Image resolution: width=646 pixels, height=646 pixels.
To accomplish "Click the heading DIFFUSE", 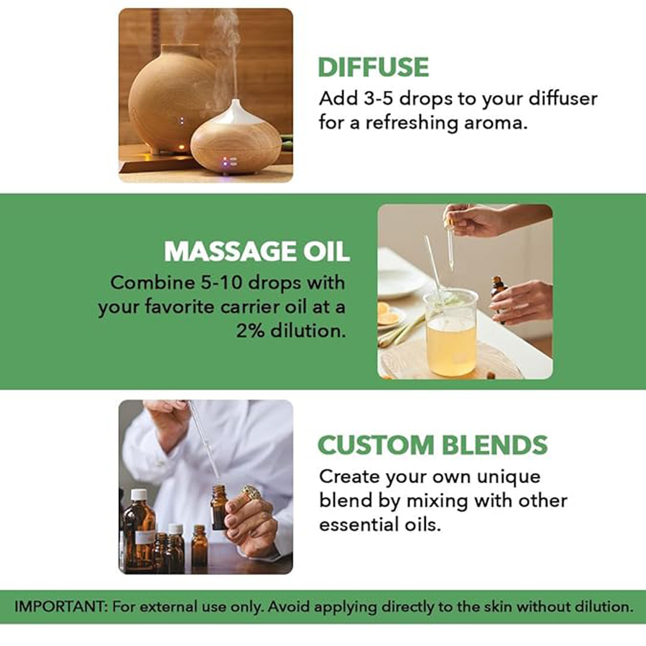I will tap(373, 67).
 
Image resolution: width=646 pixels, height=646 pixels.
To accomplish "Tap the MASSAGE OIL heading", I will tap(256, 251).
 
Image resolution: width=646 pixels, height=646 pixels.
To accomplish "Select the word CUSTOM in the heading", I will tap(376, 444).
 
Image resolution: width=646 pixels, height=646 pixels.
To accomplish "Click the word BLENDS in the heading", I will tap(495, 444).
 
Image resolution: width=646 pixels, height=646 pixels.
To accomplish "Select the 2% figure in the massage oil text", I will tap(250, 331).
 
